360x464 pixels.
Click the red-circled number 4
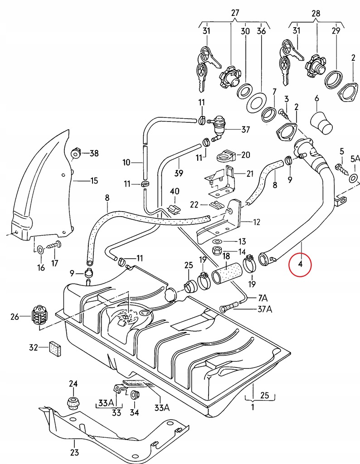(x=300, y=264)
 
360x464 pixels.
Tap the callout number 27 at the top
(x=235, y=13)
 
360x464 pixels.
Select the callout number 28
(x=316, y=13)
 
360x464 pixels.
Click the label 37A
(x=265, y=309)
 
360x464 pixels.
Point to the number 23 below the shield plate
(x=75, y=453)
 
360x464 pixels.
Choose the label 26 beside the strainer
(x=15, y=317)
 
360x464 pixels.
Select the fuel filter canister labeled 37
(x=219, y=125)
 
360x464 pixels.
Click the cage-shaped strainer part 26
(x=39, y=316)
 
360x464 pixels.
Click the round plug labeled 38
(x=76, y=154)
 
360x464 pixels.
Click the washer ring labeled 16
(x=40, y=250)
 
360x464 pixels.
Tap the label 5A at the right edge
(x=355, y=159)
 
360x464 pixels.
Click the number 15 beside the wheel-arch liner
(x=94, y=180)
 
